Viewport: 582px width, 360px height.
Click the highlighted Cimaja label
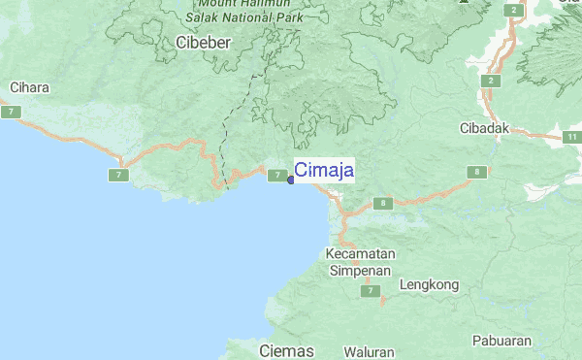(324, 171)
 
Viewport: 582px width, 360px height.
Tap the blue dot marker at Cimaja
(291, 179)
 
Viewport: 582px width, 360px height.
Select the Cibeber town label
(205, 43)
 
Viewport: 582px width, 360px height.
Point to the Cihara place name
(29, 87)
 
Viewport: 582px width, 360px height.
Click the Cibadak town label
(484, 128)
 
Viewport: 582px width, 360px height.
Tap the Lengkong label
(428, 285)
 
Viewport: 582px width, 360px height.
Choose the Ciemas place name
(288, 349)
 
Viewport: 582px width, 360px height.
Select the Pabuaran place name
(502, 341)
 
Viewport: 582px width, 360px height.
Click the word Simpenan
(360, 271)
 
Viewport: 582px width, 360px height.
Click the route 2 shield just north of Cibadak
(493, 80)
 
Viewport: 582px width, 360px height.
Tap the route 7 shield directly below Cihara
(11, 113)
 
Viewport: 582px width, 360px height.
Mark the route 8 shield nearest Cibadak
(476, 172)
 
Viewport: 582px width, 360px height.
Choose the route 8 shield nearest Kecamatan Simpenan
(385, 203)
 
